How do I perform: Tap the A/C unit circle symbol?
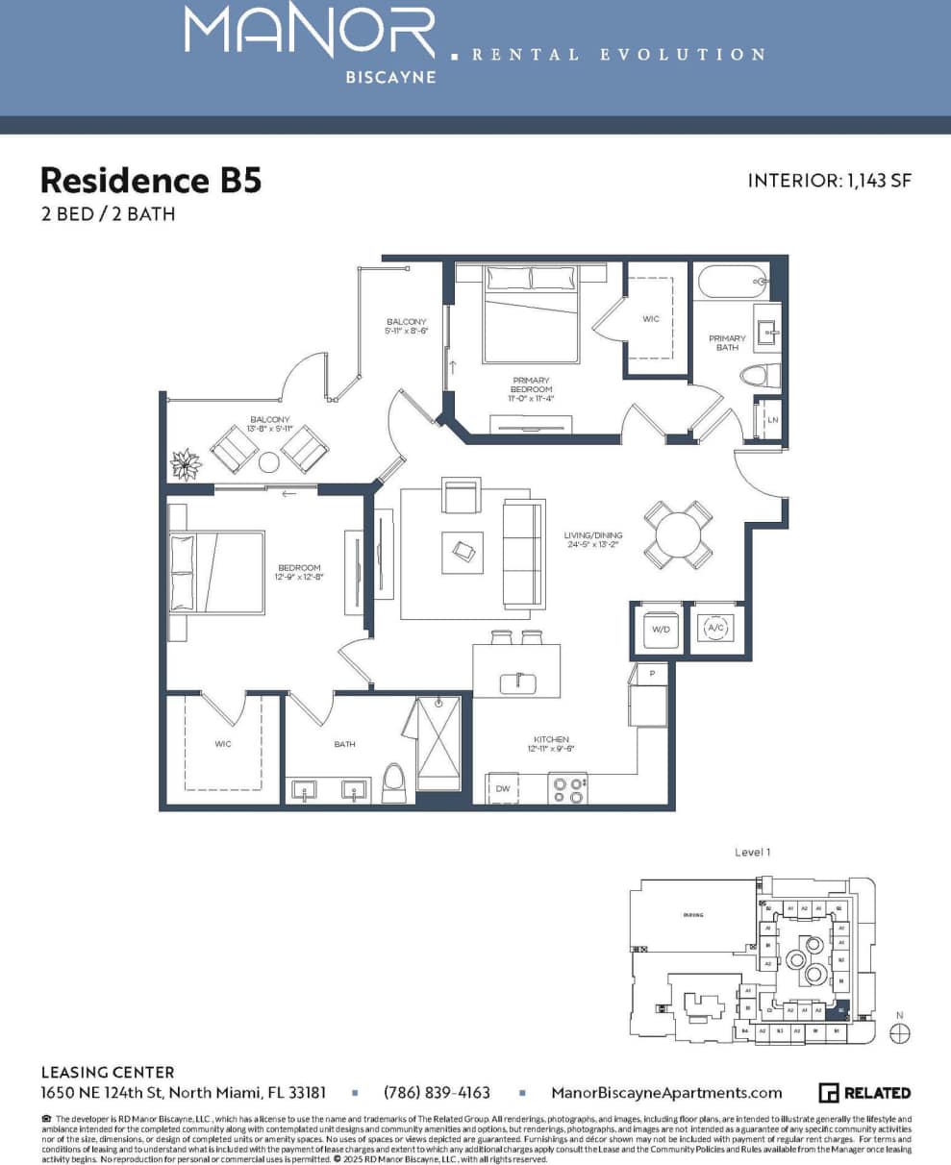click(x=714, y=629)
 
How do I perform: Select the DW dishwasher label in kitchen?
click(x=502, y=788)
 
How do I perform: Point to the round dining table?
click(x=679, y=533)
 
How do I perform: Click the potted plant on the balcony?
click(x=185, y=464)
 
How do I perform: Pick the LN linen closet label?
click(x=771, y=420)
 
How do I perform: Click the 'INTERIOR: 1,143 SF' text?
click(x=828, y=181)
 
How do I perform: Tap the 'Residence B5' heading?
click(x=151, y=180)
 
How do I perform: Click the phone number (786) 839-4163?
click(x=437, y=1092)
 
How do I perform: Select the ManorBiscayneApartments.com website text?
click(x=666, y=1092)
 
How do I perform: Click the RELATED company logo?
click(x=864, y=1092)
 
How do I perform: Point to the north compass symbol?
click(x=899, y=1032)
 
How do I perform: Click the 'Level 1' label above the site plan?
click(x=753, y=852)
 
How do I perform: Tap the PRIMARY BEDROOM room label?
click(x=532, y=384)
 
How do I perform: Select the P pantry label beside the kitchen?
click(x=652, y=674)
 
